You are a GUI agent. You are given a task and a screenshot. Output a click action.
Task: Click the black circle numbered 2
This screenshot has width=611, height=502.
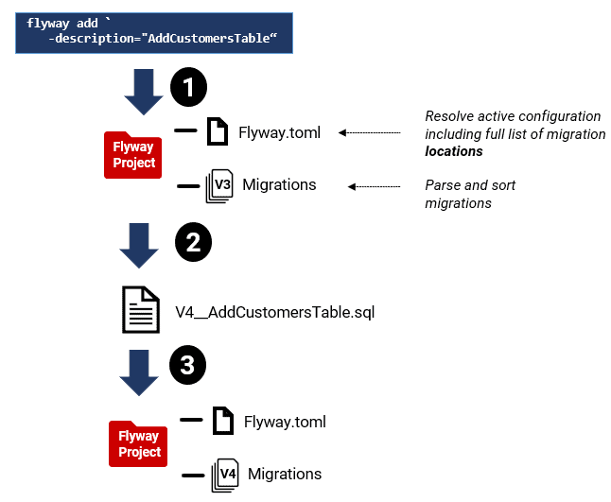(192, 242)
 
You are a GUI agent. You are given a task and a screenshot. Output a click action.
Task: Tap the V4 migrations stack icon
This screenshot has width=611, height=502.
(225, 474)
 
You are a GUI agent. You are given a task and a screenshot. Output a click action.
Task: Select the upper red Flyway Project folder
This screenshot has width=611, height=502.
(133, 155)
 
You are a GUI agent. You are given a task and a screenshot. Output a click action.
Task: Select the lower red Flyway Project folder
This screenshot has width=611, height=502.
(139, 444)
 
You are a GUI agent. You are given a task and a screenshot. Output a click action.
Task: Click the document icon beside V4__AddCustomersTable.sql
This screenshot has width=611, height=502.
(140, 310)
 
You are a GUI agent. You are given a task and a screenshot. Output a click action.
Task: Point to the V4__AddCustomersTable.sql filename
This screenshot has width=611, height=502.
(275, 312)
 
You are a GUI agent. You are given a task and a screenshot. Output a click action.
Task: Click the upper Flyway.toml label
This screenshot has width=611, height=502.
(279, 132)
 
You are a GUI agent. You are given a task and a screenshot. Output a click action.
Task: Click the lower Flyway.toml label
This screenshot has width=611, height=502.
(285, 422)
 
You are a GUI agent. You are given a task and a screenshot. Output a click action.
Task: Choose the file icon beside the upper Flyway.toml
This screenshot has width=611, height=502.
(218, 131)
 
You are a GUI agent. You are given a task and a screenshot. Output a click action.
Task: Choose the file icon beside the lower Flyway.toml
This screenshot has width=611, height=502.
(223, 421)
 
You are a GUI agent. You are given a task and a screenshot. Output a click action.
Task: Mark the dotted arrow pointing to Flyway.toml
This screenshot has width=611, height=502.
(375, 133)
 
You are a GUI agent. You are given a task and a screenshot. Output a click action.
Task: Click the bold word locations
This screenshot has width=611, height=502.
(454, 151)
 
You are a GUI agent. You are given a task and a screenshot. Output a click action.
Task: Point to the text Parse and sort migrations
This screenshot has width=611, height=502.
(470, 194)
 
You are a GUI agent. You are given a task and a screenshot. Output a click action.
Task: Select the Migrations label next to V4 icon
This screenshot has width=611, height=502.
(285, 474)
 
